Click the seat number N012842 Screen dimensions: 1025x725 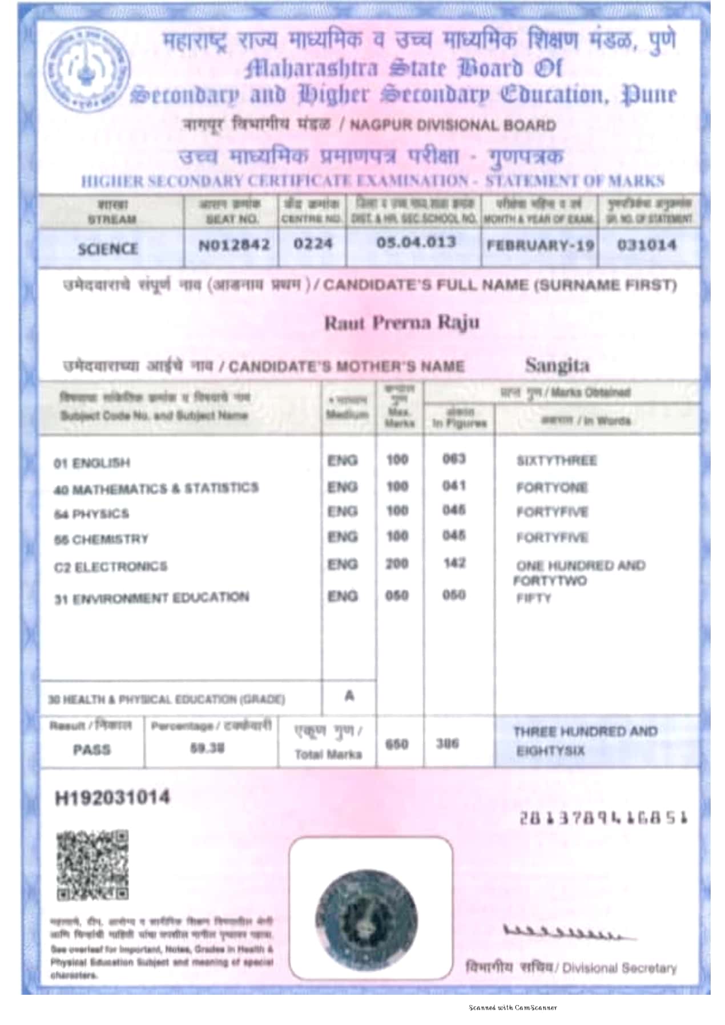click(x=233, y=245)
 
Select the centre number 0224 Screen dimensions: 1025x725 click(x=312, y=244)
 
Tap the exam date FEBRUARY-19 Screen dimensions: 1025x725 click(x=539, y=245)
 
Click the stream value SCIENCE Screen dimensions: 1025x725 click(x=108, y=249)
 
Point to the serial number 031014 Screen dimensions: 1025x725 click(x=647, y=245)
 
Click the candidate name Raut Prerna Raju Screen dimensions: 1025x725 click(x=401, y=323)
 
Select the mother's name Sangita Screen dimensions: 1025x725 click(x=557, y=365)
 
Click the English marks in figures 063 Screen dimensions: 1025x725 click(x=454, y=459)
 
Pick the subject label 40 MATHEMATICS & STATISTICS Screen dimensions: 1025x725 click(x=156, y=489)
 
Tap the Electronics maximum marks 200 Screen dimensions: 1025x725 click(x=397, y=564)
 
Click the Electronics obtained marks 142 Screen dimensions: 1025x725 click(x=454, y=563)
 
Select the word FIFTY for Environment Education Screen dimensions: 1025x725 click(x=534, y=598)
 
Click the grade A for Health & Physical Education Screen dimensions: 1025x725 click(x=349, y=696)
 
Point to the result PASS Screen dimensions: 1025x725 click(x=91, y=749)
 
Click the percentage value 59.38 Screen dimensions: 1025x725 click(x=207, y=748)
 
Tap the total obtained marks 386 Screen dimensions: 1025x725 click(x=448, y=744)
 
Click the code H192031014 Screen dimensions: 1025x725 click(x=112, y=797)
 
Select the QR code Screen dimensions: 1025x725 click(x=92, y=865)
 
